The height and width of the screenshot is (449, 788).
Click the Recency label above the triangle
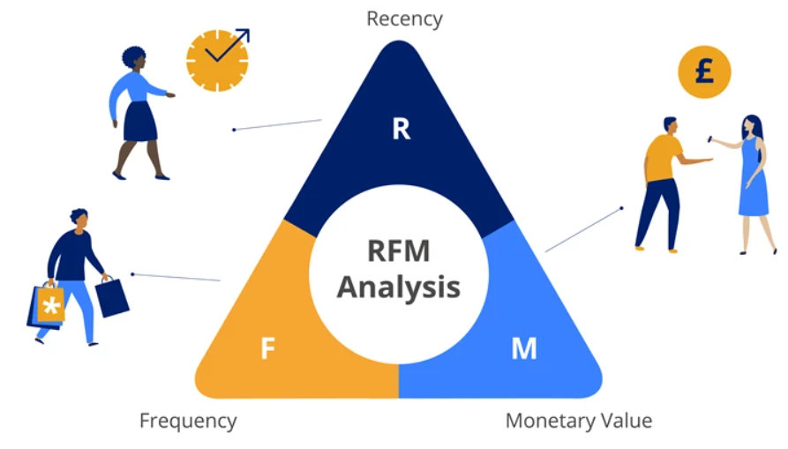[404, 18]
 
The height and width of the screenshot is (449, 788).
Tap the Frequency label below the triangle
[188, 421]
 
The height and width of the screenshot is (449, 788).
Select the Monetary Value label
[579, 421]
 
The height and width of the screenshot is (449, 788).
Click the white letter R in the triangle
[402, 129]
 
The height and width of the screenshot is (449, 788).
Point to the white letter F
[268, 349]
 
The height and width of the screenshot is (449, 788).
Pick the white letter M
[524, 349]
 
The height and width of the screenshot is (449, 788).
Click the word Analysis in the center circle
[399, 287]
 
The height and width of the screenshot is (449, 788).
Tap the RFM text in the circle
[399, 251]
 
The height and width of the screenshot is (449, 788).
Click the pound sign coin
[704, 72]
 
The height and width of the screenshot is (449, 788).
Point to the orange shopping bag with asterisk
[50, 305]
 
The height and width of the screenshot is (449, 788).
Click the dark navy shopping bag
[112, 297]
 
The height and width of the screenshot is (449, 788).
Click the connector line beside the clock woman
[277, 124]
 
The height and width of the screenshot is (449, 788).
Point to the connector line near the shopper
[176, 277]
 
